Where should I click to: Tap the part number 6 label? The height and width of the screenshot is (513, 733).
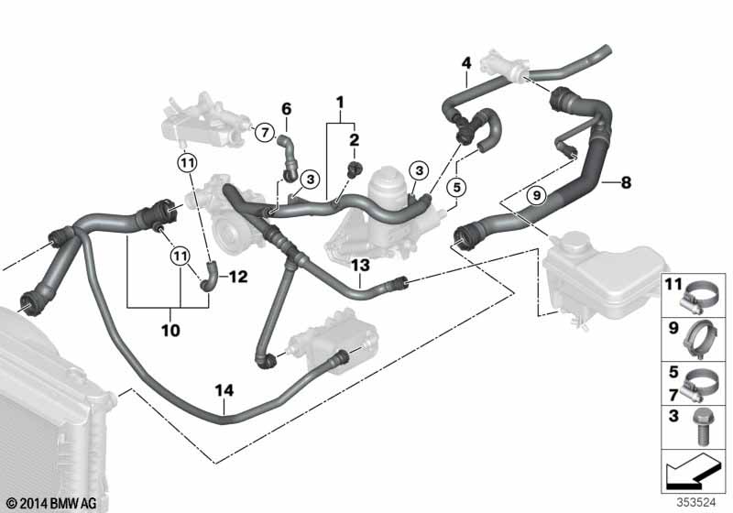(285, 109)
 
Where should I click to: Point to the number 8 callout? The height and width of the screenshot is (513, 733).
(626, 182)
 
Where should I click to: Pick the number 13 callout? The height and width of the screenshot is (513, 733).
(360, 265)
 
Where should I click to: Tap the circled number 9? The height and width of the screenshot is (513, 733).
(537, 194)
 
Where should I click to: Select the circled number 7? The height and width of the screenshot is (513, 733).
(263, 133)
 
